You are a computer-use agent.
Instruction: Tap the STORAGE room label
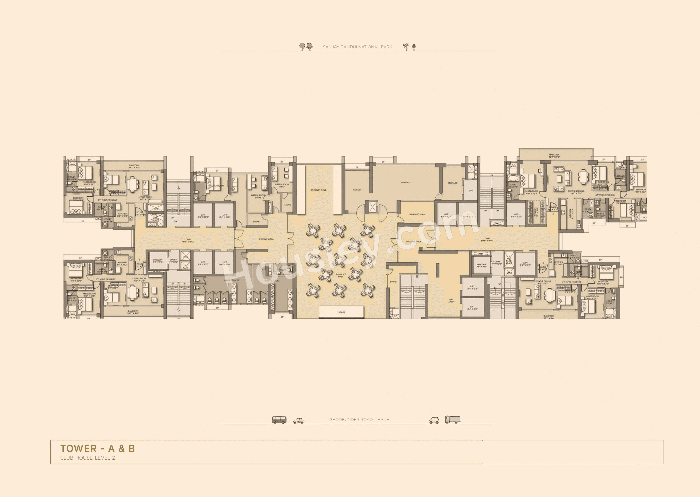tap(452, 183)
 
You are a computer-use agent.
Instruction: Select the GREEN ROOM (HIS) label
tap(282, 185)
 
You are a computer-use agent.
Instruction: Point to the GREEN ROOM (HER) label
tap(258, 196)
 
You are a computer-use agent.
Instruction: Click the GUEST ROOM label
tap(217, 186)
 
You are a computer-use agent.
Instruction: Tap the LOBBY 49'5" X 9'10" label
tap(188, 241)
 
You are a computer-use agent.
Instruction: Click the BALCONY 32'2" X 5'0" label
tap(554, 156)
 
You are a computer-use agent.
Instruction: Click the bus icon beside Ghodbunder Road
tap(279, 420)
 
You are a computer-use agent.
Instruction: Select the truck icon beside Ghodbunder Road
tap(453, 420)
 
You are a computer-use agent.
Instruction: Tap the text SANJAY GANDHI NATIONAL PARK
tap(357, 47)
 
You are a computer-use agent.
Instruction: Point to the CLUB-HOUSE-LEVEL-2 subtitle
tap(87, 458)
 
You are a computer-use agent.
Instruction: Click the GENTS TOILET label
tap(272, 281)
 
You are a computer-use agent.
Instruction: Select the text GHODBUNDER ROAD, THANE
tap(359, 420)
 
